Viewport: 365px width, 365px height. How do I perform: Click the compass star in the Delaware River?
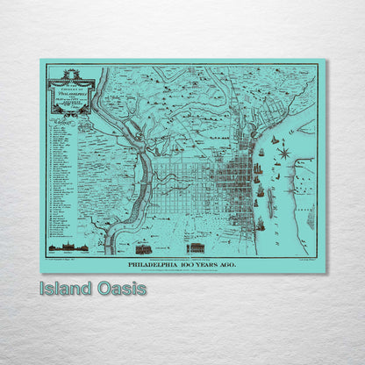[283, 154]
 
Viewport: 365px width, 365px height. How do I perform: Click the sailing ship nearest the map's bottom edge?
[261, 223]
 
